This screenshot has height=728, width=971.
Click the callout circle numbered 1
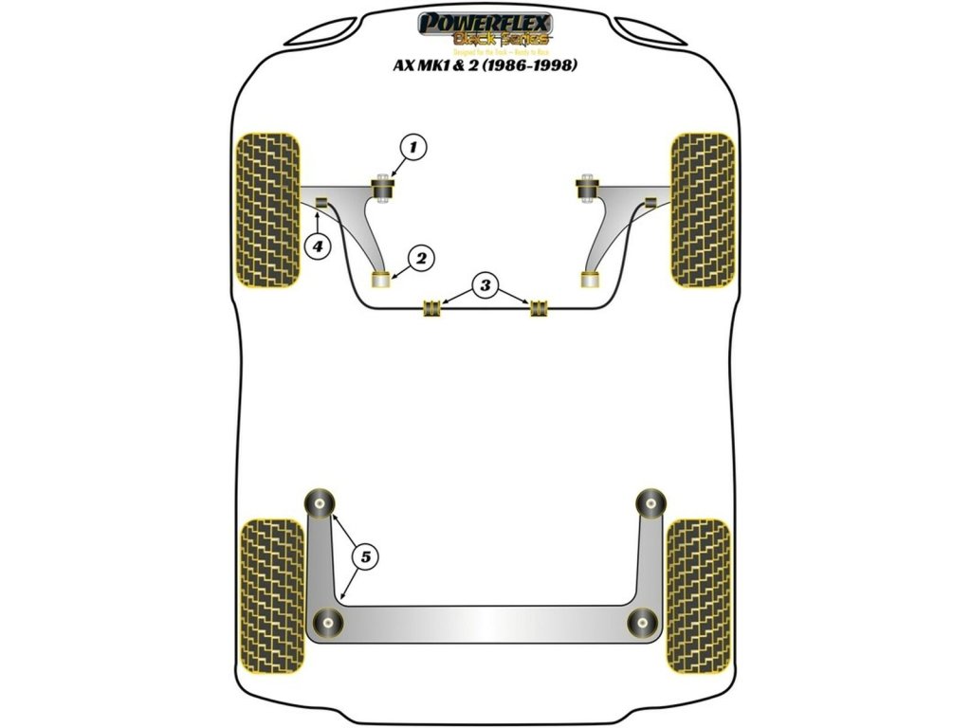412,147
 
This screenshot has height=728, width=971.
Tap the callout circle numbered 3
485,284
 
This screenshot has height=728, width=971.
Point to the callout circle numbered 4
317,246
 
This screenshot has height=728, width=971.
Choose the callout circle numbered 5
363,557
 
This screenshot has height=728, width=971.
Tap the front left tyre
267,209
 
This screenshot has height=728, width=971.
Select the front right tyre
703,209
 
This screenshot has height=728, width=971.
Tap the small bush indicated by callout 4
321,201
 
